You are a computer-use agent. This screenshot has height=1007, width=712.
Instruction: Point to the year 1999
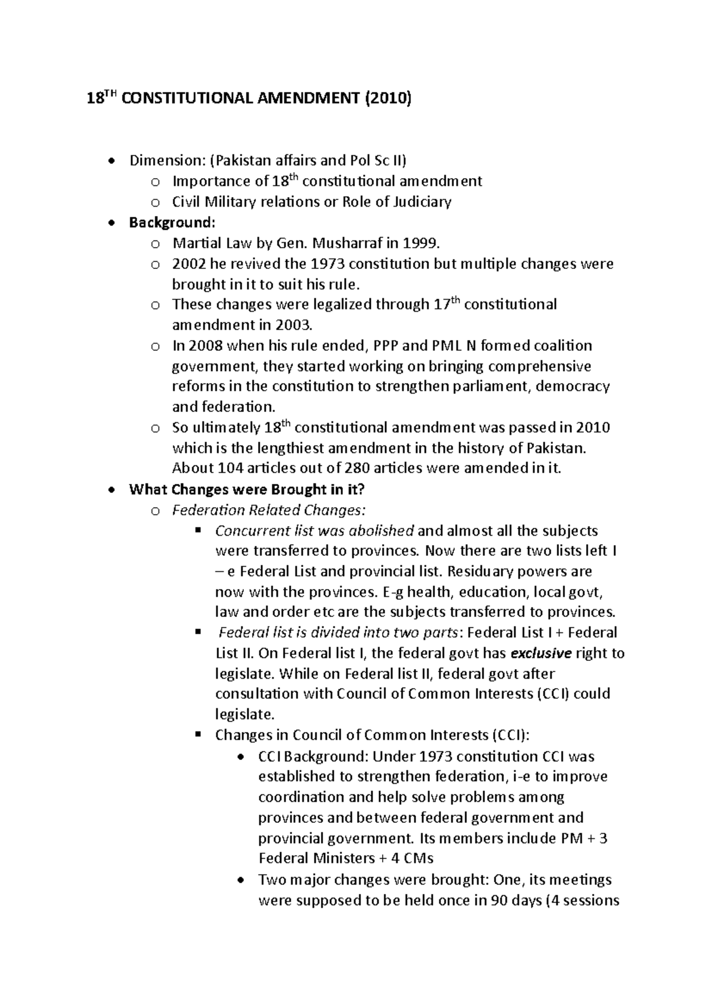click(422, 243)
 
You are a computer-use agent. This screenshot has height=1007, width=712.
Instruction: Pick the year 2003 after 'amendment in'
click(292, 325)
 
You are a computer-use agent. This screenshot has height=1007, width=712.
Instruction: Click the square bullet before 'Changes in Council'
click(199, 734)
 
